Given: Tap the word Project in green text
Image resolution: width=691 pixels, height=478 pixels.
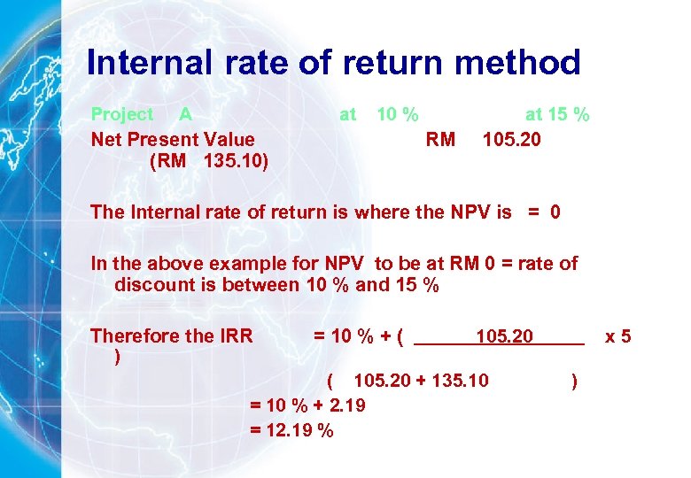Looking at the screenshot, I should [x=122, y=114].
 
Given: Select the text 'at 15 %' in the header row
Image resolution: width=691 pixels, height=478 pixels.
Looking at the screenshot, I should [x=557, y=114].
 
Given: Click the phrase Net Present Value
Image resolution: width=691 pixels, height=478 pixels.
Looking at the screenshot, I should [x=173, y=139].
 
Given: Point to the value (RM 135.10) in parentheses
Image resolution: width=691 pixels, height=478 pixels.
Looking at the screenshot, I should [x=210, y=162].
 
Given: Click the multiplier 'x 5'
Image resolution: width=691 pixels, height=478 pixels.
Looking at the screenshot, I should [x=617, y=335].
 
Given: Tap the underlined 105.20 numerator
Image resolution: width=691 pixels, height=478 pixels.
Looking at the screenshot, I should [x=504, y=335].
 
